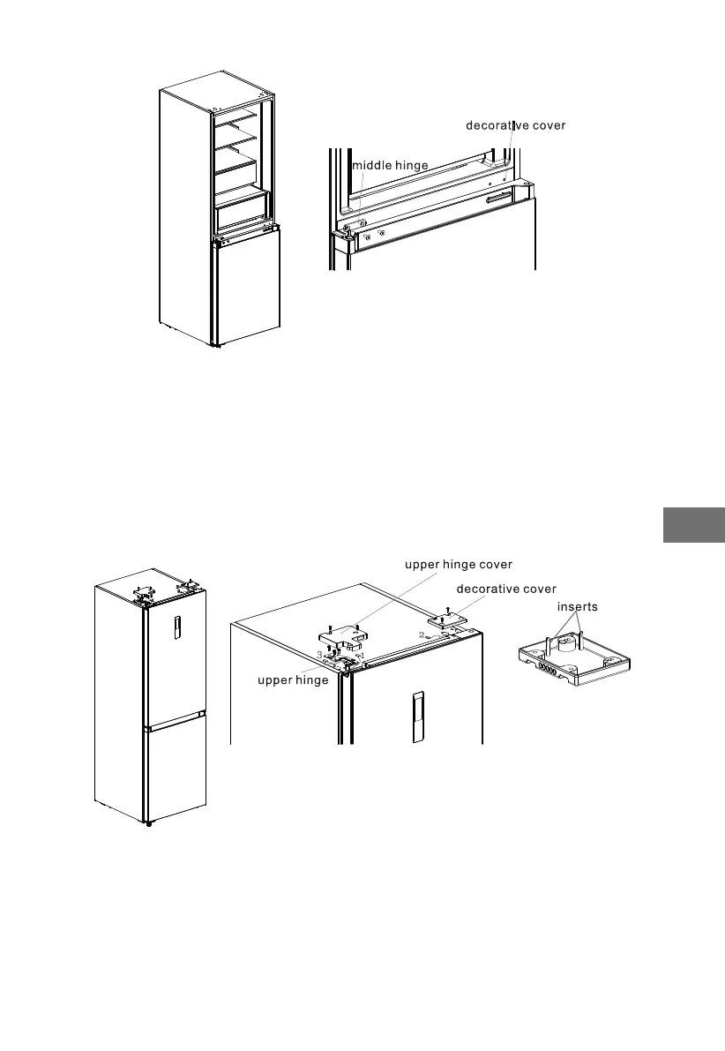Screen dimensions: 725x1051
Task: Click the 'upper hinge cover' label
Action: point(459,564)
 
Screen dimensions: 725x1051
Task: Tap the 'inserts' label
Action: point(578,607)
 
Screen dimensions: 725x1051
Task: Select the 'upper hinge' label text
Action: point(293,680)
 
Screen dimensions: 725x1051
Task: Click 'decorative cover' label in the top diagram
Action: point(516,125)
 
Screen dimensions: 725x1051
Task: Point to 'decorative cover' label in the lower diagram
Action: point(506,589)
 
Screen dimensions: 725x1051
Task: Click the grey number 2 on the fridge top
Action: point(422,635)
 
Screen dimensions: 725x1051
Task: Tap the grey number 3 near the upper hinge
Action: point(319,654)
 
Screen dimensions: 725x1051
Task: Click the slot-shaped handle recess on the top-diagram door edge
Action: point(497,201)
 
